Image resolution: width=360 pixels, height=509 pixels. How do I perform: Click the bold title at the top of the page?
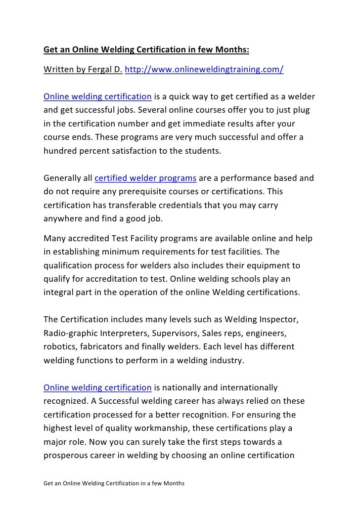[146, 50]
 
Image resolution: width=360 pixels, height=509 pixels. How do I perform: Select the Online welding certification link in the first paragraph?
[97, 95]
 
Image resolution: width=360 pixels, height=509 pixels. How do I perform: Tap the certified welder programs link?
[146, 178]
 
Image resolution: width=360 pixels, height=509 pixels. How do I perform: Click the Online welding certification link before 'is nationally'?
[97, 387]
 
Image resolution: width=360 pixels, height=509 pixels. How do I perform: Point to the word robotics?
[60, 346]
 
